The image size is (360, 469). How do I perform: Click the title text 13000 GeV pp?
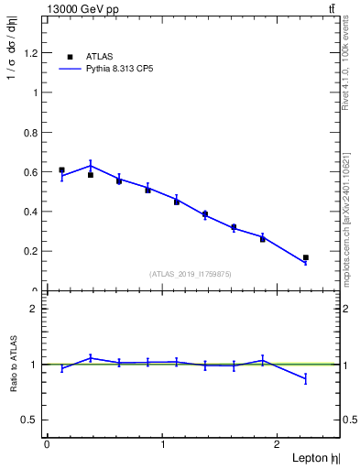tap(83, 9)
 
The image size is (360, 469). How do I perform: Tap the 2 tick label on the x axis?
tap(278, 443)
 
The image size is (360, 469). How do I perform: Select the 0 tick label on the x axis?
tap(47, 443)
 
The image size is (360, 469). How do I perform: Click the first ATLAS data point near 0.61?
tap(61, 169)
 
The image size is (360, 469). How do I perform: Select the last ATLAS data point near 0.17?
tap(306, 257)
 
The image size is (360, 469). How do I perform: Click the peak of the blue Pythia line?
tap(90, 166)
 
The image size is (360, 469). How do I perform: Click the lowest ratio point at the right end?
tap(306, 378)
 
